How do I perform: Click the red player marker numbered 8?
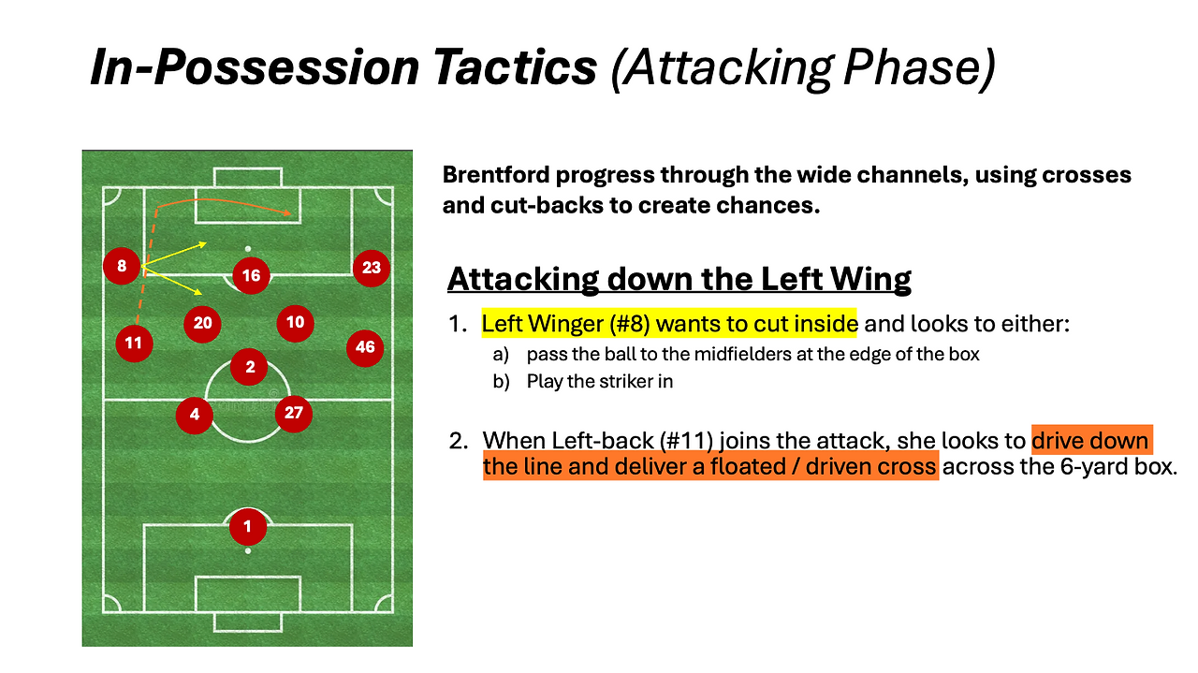click(122, 266)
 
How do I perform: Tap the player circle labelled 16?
click(251, 275)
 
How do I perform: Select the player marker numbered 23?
click(372, 268)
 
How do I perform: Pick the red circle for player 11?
click(134, 344)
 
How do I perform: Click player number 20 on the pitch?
click(202, 324)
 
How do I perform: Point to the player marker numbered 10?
click(295, 323)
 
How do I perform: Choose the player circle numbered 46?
click(365, 348)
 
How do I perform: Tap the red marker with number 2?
click(249, 368)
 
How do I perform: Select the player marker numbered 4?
click(195, 415)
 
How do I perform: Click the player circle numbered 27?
click(294, 414)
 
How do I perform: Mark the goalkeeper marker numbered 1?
click(248, 527)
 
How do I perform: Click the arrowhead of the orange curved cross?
click(289, 213)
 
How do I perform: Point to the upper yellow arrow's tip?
click(204, 244)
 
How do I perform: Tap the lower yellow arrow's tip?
click(199, 292)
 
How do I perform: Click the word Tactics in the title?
click(515, 67)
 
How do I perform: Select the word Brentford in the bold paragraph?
click(495, 175)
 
